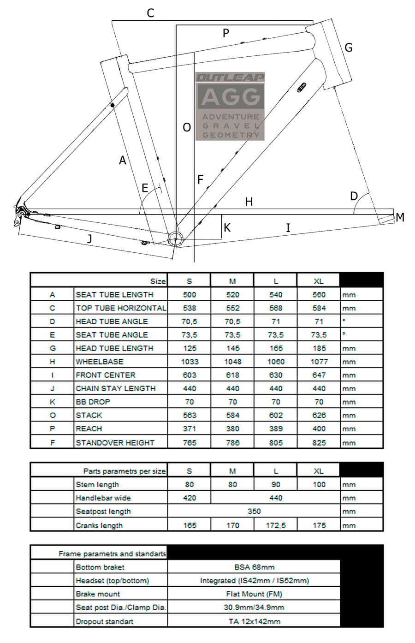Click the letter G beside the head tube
point(349,47)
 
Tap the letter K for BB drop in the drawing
point(227,227)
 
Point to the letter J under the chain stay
point(90,238)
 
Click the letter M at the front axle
point(400,217)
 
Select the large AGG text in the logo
point(231,97)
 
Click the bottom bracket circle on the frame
point(176,238)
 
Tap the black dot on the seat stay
point(112,106)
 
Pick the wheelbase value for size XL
point(319,362)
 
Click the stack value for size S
point(189,415)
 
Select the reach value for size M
point(232,429)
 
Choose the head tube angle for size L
point(276,321)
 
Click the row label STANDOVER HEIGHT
point(115,442)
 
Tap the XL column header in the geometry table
point(319,281)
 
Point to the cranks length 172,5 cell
point(276,525)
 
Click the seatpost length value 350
point(254,511)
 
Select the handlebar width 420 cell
point(189,498)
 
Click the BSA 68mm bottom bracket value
point(254,567)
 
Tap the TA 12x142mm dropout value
point(254,621)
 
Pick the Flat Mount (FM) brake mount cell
point(254,594)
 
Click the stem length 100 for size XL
point(319,484)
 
